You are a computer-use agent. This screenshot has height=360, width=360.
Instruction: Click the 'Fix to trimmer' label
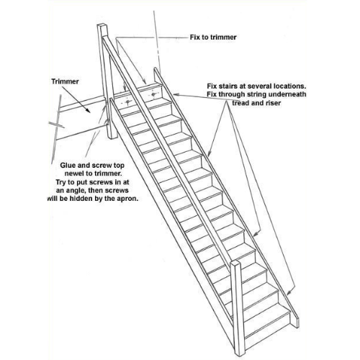(x=213, y=37)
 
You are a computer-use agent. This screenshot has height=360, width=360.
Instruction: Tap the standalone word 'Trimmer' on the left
(x=65, y=81)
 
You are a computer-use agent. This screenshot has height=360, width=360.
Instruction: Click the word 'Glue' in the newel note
(x=68, y=166)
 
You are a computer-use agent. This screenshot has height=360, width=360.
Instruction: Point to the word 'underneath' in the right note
(x=287, y=94)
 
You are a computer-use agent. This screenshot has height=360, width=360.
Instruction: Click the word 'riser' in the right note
(x=273, y=103)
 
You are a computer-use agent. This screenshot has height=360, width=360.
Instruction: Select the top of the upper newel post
(x=102, y=26)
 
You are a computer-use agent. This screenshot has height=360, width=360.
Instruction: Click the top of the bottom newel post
(x=235, y=262)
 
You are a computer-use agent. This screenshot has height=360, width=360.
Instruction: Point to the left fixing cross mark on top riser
(x=127, y=102)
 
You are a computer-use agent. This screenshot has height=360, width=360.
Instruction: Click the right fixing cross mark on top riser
(x=153, y=95)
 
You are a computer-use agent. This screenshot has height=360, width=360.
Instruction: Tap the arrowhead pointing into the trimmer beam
(x=88, y=111)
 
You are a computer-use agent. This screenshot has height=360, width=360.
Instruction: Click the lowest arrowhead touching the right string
(x=289, y=293)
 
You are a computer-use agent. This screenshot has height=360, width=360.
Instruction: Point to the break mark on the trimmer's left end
(x=56, y=125)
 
